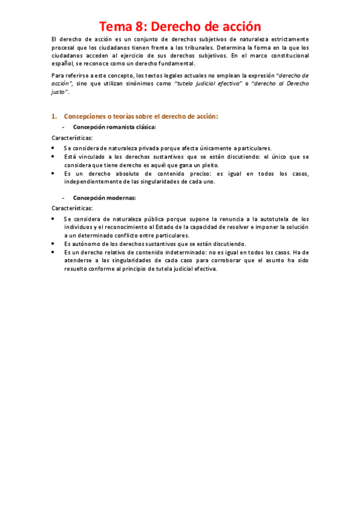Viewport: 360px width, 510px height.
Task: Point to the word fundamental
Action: pyautogui.click(x=176, y=63)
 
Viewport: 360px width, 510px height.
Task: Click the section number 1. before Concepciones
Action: pyautogui.click(x=54, y=116)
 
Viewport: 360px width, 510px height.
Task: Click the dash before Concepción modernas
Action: pyautogui.click(x=64, y=198)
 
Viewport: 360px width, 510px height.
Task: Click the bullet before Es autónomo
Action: pyautogui.click(x=54, y=244)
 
